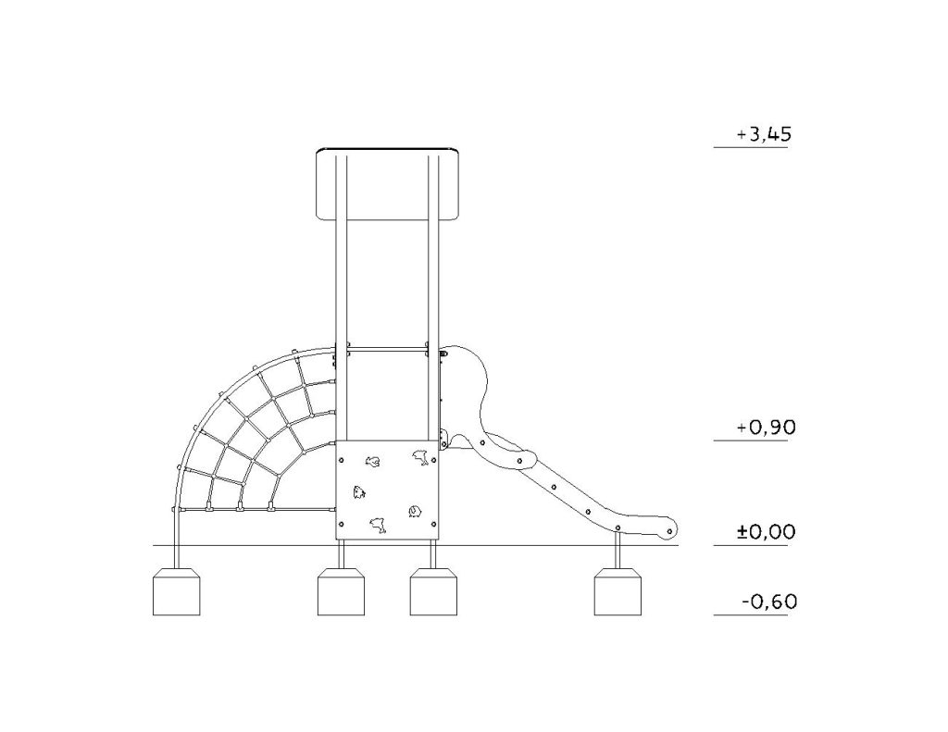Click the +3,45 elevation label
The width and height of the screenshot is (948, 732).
(x=764, y=134)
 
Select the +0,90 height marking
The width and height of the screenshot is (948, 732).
(x=766, y=428)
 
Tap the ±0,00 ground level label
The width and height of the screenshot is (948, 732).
(x=766, y=532)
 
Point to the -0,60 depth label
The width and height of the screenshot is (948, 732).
(x=769, y=602)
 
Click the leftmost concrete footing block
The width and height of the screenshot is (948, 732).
(x=176, y=591)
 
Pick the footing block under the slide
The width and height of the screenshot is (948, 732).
(x=617, y=591)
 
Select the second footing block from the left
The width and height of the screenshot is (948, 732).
(x=341, y=591)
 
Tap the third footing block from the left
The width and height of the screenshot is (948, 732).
(x=433, y=591)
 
